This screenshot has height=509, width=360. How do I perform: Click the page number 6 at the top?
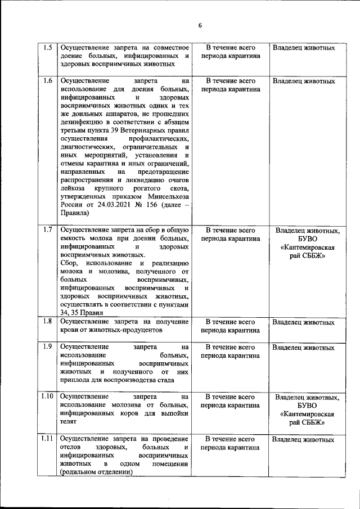click(200, 25)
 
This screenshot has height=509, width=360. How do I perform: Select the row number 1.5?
click(48, 48)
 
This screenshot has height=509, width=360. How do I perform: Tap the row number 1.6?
click(48, 81)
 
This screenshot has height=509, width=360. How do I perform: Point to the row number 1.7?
click(48, 229)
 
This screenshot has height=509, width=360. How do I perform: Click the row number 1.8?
click(48, 322)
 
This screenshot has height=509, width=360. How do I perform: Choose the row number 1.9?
click(48, 346)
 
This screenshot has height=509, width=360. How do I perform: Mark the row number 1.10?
click(48, 397)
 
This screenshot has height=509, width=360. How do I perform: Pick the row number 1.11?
click(48, 439)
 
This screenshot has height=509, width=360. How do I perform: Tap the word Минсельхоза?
click(169, 196)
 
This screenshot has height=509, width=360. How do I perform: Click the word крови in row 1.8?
click(70, 330)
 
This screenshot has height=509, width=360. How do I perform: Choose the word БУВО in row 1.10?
click(307, 406)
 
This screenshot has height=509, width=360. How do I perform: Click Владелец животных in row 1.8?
click(304, 322)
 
